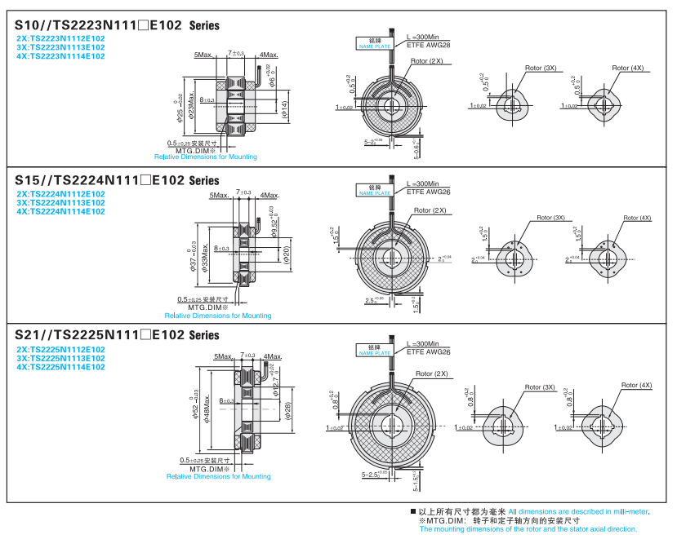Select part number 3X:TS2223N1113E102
[x=61, y=47]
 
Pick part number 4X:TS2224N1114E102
[x=61, y=211]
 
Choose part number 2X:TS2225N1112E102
[x=61, y=350]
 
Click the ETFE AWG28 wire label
[x=429, y=46]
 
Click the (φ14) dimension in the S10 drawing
[x=283, y=109]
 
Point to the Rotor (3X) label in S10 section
[x=540, y=68]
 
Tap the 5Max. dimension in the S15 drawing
[x=219, y=196]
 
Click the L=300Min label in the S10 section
[x=423, y=38]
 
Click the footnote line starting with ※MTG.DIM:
[x=499, y=520]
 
